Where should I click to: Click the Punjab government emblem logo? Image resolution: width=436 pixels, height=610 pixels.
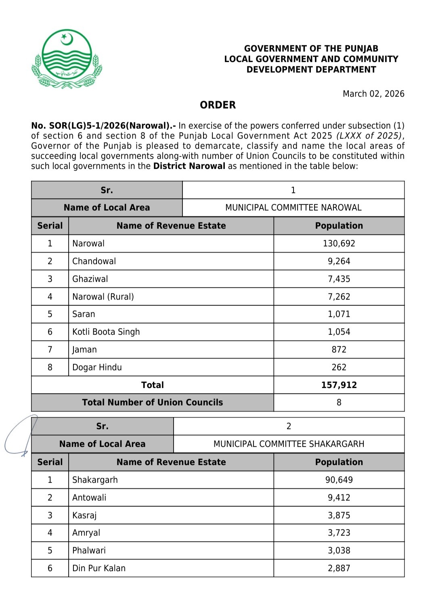67,59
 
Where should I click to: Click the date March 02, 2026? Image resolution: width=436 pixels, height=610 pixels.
373,94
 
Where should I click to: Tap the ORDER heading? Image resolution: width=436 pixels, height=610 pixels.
218,105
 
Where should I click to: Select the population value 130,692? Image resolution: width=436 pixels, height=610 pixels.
339,244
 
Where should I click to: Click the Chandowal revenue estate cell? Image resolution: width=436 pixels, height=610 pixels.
94,261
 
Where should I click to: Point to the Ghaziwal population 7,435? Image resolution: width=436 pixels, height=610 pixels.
339,279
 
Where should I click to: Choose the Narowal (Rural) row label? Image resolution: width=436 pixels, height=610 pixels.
103,297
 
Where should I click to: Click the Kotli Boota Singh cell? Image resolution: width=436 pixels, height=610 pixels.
106,332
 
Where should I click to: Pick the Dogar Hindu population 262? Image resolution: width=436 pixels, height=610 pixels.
339,368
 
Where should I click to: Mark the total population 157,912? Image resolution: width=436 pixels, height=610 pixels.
339,385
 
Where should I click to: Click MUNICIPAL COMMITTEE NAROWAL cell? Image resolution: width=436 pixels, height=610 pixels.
293,208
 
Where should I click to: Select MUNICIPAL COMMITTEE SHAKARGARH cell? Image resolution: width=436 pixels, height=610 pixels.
289,444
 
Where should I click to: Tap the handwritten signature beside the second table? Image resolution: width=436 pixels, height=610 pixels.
20,438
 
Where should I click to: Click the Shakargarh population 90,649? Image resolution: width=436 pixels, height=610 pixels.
339,480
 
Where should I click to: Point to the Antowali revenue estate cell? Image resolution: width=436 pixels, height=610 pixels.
89,498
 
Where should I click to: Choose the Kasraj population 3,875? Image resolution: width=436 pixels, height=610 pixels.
339,516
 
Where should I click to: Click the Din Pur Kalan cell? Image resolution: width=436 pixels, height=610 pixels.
99,568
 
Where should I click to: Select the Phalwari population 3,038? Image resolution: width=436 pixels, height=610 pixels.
339,551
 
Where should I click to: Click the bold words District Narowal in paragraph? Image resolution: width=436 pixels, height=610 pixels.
189,166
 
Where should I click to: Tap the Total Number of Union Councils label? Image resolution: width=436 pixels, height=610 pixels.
152,403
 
